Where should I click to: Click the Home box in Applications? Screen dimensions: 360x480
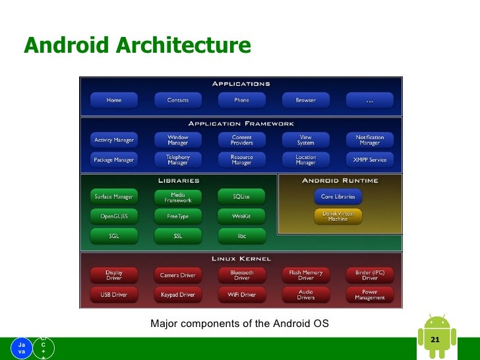coord(114,100)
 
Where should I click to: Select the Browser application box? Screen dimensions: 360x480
coord(305,100)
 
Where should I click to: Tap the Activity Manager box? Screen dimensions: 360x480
coord(114,140)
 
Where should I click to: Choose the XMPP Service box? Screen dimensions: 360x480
coord(369,160)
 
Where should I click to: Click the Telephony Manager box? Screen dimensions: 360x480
coord(178,160)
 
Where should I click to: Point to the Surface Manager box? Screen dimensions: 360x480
coord(114,196)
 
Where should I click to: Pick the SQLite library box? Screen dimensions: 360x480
coord(241,196)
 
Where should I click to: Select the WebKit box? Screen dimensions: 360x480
coord(241,216)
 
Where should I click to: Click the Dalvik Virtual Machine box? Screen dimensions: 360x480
coord(338,216)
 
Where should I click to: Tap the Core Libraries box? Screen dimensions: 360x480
coord(338,196)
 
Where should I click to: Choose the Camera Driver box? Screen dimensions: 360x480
coord(178,275)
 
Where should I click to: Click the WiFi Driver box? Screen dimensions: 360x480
coord(241,294)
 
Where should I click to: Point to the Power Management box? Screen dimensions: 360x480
coord(369,294)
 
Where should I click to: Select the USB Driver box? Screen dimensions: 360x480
coord(114,294)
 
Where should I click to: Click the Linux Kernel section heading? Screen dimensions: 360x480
coord(241,258)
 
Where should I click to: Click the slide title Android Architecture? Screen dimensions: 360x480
coord(137,45)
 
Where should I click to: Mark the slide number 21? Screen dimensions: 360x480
coord(435,340)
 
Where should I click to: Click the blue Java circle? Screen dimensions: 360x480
coord(22,347)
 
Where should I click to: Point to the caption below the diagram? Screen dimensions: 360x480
coord(239,324)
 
